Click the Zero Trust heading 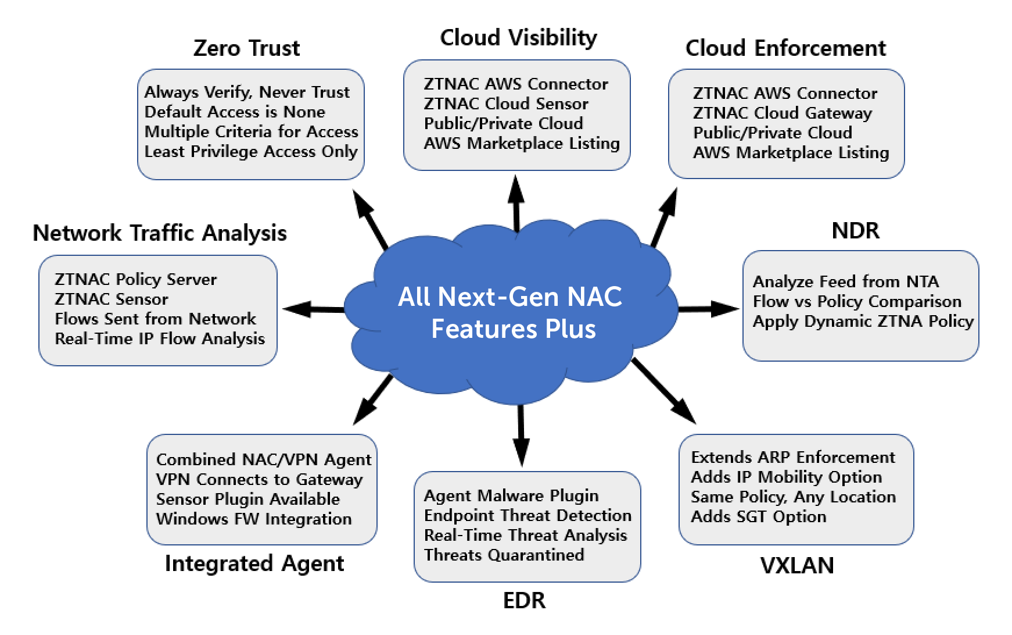[x=246, y=48]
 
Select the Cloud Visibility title [x=518, y=38]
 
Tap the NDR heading [x=855, y=231]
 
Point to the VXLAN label [x=796, y=565]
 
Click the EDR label [x=524, y=601]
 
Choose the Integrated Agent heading [x=254, y=563]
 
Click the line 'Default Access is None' [x=235, y=112]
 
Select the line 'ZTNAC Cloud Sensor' [x=506, y=104]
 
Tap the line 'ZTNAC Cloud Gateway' [x=783, y=113]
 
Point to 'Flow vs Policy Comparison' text [x=857, y=301]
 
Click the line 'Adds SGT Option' [x=758, y=516]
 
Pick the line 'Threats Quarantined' [x=504, y=555]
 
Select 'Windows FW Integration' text [x=254, y=519]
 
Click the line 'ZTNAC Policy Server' [x=135, y=279]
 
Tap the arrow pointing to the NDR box [x=709, y=308]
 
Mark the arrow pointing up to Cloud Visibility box [x=516, y=204]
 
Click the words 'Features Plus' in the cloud [x=513, y=329]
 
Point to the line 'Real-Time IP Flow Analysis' [x=160, y=338]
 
